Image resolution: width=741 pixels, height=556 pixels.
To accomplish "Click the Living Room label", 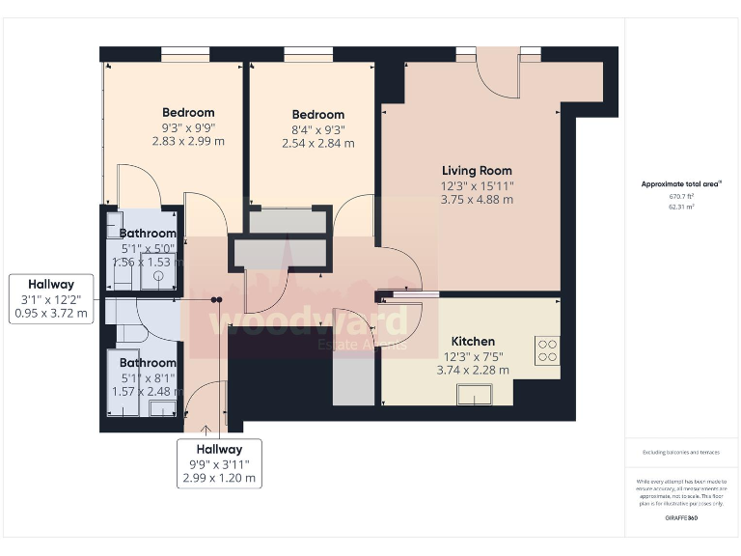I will tap(477, 170).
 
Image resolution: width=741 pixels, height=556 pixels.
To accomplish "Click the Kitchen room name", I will tap(473, 341).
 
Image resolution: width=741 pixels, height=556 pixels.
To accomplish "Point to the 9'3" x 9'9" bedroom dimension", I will tap(188, 126).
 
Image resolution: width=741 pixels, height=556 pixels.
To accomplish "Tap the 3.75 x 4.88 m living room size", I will tap(477, 200).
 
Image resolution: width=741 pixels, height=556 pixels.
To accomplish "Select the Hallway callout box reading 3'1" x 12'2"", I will tap(51, 298).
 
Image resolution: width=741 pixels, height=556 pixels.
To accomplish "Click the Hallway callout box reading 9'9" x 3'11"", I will tap(219, 463).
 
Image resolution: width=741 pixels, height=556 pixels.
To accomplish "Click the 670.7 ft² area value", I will tap(682, 196).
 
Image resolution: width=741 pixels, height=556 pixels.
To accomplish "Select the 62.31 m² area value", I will tap(682, 206).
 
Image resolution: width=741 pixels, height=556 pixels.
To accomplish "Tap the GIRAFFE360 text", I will tap(682, 519).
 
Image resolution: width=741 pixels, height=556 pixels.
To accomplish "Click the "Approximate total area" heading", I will tap(682, 183).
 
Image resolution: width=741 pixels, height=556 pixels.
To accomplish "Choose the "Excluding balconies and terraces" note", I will tap(682, 452).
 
